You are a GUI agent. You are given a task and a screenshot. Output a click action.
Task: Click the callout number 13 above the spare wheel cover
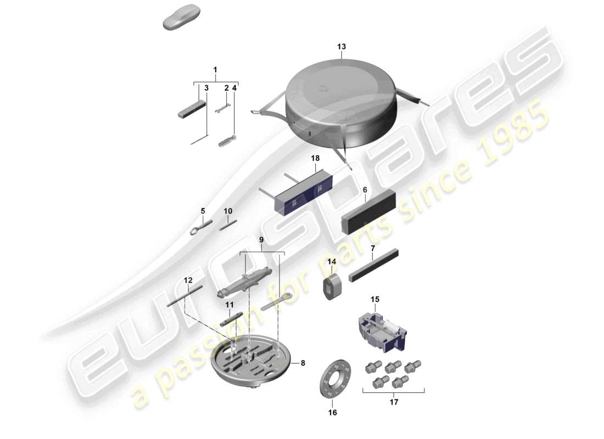tap(342, 47)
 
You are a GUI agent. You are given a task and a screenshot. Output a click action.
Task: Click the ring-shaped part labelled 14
tap(331, 287)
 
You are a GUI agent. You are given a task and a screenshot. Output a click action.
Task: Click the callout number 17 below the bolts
tap(394, 402)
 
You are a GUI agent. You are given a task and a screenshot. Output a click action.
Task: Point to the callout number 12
tap(188, 280)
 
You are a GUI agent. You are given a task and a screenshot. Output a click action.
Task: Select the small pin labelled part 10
tap(228, 225)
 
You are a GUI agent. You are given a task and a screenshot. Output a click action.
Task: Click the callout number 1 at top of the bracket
tap(215, 70)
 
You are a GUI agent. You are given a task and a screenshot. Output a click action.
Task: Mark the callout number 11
tap(229, 305)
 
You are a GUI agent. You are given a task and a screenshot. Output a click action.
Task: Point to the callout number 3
tap(206, 88)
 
